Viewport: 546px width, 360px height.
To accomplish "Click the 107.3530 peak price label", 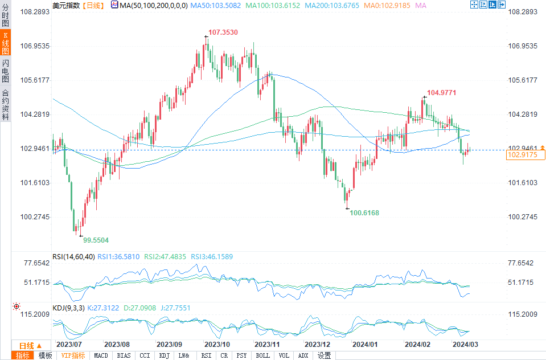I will pyautogui.click(x=223, y=33).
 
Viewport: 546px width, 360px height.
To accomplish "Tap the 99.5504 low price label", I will pyautogui.click(x=95, y=240).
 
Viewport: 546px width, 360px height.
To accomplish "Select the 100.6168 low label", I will pyautogui.click(x=364, y=212).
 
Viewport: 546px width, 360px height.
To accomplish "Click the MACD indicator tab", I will pyautogui.click(x=101, y=355).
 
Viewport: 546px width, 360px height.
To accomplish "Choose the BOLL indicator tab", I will pyautogui.click(x=262, y=355).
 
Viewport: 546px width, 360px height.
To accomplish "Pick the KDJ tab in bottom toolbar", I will pyautogui.click(x=164, y=355).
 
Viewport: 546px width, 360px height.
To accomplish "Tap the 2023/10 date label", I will pyautogui.click(x=217, y=345).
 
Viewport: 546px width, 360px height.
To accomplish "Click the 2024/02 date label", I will pyautogui.click(x=416, y=345).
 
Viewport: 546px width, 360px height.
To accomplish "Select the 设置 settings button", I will pyautogui.click(x=324, y=355).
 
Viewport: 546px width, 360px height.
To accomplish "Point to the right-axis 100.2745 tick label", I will pyautogui.click(x=522, y=217).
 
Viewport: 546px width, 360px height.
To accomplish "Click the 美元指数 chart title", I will pyautogui.click(x=66, y=5).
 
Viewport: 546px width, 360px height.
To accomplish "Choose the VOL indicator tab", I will pyautogui.click(x=284, y=355).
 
